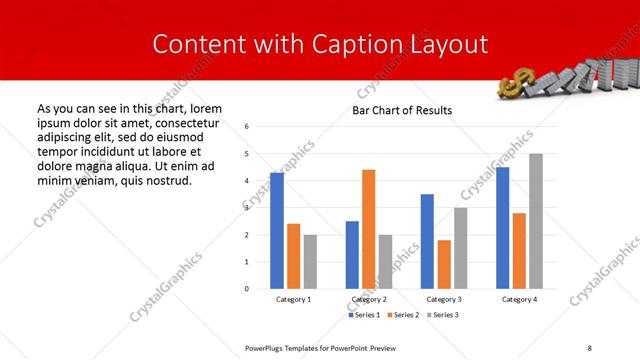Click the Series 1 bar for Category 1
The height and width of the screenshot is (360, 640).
point(276,230)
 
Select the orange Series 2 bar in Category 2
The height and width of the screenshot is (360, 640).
point(369,229)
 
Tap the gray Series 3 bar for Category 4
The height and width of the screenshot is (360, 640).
point(536,221)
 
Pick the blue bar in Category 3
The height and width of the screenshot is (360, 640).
point(427,241)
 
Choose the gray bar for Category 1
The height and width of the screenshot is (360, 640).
point(310,261)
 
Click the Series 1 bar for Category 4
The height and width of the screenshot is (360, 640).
point(502,227)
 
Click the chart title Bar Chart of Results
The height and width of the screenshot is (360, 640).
point(402,110)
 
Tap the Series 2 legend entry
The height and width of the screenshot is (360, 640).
point(403,315)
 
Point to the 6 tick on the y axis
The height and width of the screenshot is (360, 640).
point(247,127)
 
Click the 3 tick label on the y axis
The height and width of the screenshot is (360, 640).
point(247,208)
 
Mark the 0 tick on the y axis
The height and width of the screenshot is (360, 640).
point(247,289)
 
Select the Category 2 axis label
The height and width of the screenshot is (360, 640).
point(369,300)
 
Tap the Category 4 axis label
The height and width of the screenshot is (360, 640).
point(519,300)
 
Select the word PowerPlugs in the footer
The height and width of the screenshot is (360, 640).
point(269,347)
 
